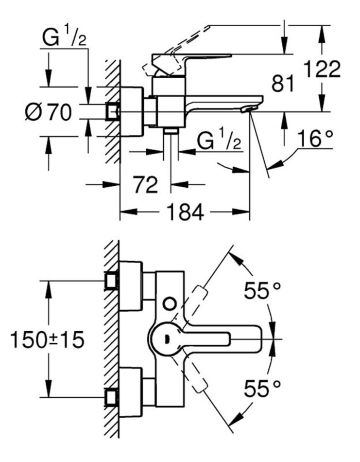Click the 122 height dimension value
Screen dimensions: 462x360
(321, 70)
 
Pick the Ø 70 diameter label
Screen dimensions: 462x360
(49, 113)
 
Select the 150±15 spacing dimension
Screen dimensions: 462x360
(47, 339)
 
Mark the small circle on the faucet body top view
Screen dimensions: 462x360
(170, 304)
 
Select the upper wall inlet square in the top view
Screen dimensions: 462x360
(112, 281)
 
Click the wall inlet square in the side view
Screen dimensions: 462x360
(112, 112)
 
